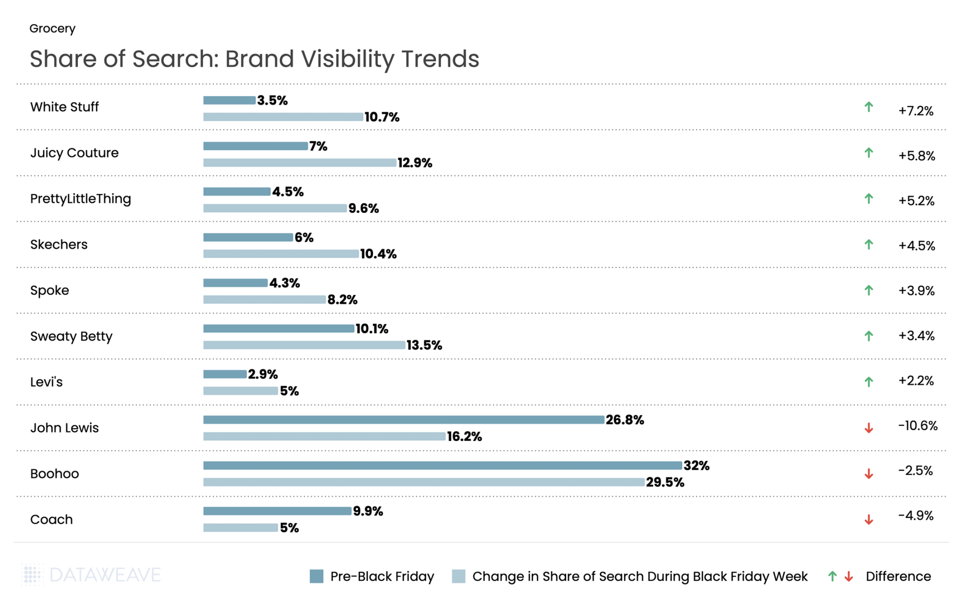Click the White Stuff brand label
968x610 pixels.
64,107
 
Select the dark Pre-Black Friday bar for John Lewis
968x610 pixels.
404,420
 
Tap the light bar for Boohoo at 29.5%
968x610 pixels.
423,482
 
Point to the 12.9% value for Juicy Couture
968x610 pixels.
415,163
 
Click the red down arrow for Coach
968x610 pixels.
868,520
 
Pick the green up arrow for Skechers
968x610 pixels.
868,244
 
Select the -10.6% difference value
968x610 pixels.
917,426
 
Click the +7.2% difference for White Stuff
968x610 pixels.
916,111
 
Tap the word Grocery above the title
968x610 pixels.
52,28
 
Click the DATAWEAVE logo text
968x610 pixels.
105,575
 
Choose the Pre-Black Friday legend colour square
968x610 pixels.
316,576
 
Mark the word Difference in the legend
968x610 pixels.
898,576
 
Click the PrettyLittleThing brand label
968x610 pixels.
80,199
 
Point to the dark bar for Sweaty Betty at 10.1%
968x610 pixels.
278,328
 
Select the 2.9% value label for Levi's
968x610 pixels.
263,374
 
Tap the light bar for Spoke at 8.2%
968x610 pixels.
264,300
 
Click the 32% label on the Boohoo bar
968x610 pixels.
696,466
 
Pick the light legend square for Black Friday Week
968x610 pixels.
458,576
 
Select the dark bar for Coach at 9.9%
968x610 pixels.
277,511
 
